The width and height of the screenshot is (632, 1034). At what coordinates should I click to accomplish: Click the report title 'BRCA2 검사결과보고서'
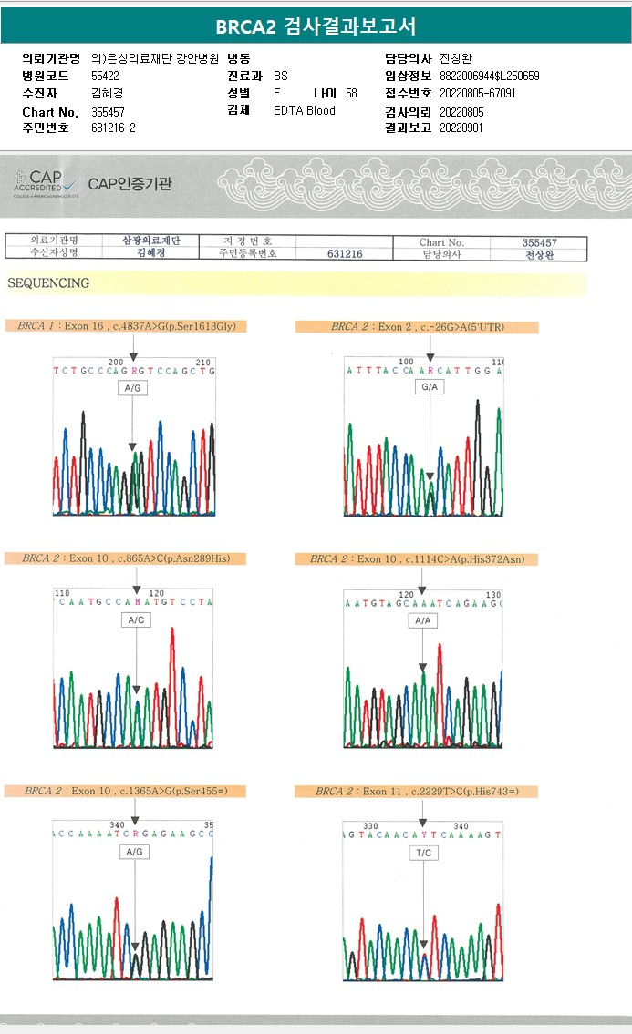pos(316,26)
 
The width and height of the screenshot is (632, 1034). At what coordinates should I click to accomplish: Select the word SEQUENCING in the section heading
pos(48,283)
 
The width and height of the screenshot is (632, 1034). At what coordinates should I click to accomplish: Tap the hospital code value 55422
pos(105,76)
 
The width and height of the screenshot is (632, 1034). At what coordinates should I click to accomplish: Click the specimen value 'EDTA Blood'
pos(305,111)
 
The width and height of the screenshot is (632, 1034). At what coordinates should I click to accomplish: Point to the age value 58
pos(351,93)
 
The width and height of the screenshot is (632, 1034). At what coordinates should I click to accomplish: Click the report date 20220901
pos(461,128)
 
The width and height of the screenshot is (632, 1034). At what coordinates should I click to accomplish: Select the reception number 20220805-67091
pos(477,93)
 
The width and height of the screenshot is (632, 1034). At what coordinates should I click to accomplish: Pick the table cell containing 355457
pos(539,242)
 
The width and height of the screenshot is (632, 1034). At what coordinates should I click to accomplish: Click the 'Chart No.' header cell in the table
pos(441,242)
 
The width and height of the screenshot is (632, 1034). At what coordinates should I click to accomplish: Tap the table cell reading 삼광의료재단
pos(151,241)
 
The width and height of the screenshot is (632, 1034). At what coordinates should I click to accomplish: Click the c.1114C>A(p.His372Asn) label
pos(419,558)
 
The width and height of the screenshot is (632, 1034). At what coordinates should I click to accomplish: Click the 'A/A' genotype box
pos(423,620)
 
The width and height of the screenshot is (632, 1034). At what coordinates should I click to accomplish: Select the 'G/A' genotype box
pos(429,388)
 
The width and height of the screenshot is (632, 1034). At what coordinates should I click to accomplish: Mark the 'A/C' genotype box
pos(134,620)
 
